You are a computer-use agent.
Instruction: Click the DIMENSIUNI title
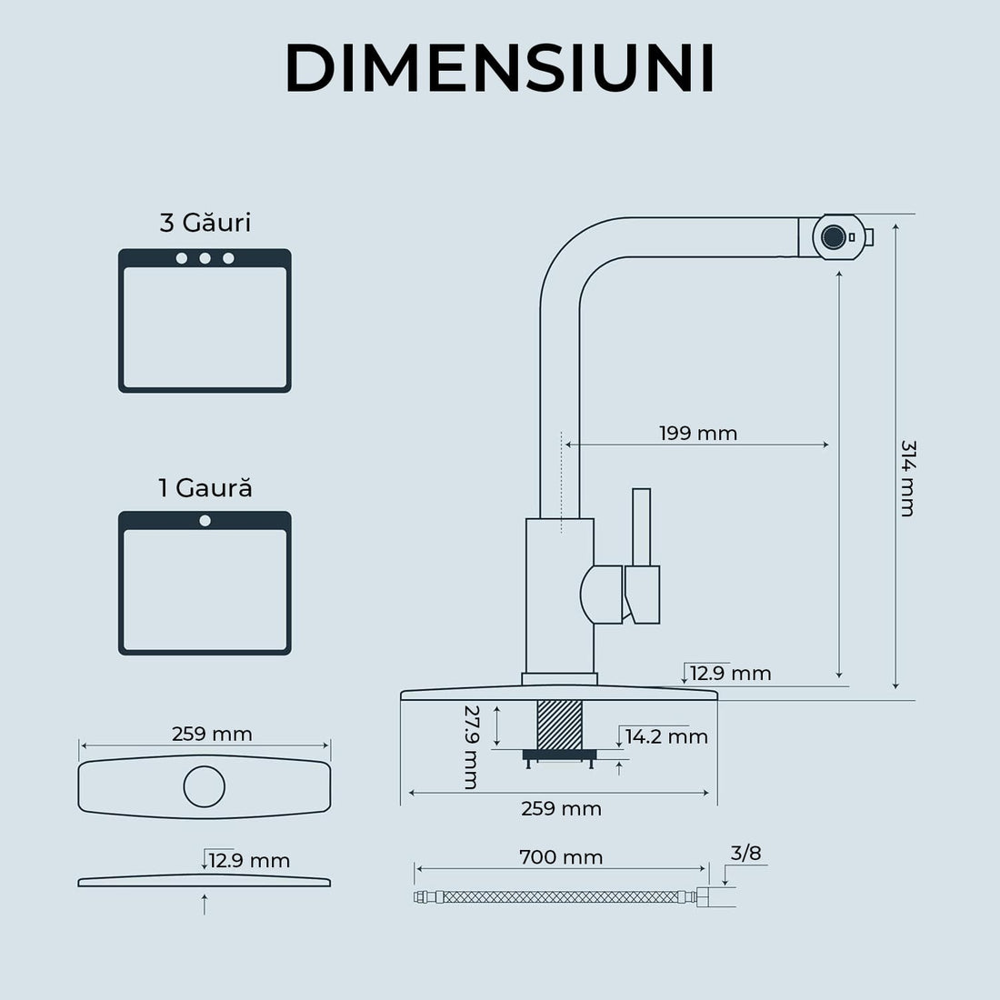point(499,68)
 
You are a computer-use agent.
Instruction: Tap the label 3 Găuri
point(205,223)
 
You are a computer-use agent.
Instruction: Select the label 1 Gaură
point(205,488)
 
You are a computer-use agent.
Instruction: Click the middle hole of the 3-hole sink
point(205,258)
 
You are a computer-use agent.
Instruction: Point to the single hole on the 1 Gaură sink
point(205,521)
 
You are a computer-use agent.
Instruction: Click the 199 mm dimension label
point(698,433)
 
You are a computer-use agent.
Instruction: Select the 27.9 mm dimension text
point(470,746)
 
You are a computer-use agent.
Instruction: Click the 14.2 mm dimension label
point(666,736)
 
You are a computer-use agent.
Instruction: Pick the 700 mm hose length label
point(561,857)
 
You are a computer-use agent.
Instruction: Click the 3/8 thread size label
point(746,853)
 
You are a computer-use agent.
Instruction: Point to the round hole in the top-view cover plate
point(205,786)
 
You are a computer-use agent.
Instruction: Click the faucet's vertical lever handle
point(641,527)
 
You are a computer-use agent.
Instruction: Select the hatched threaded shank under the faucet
point(559,725)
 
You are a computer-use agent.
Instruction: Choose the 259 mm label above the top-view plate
point(212,734)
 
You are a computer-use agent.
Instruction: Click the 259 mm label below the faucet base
point(561,808)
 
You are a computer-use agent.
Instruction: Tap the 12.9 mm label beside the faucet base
point(730,674)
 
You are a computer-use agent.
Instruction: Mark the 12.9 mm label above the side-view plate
point(249,860)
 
